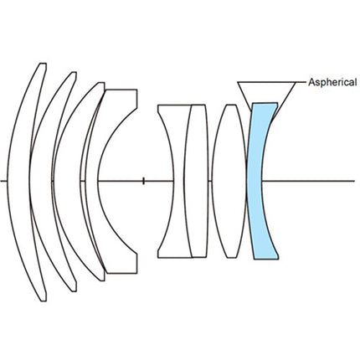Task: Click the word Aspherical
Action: tap(332, 82)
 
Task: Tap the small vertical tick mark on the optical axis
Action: tap(143, 181)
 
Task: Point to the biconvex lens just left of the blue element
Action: tap(229, 181)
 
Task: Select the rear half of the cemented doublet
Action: tap(196, 181)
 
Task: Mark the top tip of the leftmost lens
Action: tap(44, 64)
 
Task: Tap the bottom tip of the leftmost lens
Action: tap(44, 301)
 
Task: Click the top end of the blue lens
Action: tap(265, 104)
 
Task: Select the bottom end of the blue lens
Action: tap(266, 258)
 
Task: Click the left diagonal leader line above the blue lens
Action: tap(244, 96)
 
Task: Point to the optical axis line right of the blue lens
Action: tap(308, 181)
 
